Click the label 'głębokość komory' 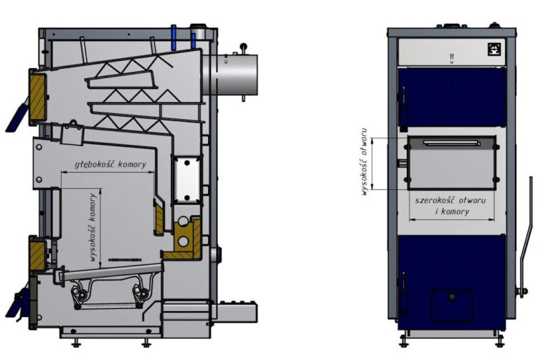[x=110, y=164]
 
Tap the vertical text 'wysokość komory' [x=93, y=227]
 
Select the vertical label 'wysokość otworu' [x=364, y=162]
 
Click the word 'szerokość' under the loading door [x=435, y=200]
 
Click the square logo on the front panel [x=494, y=49]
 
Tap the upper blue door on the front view [x=452, y=98]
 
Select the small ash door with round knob [x=451, y=305]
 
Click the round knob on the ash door [x=452, y=296]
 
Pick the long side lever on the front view [x=525, y=237]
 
